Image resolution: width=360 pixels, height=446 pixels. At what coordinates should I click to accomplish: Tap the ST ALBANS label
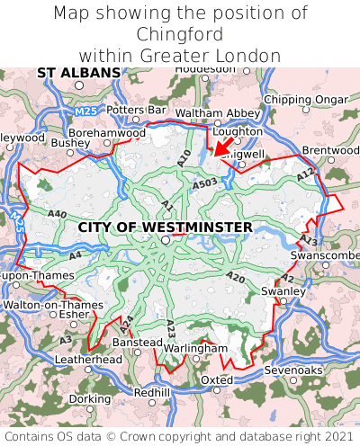click(78, 72)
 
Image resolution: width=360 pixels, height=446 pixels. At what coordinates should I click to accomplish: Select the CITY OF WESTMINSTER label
click(166, 227)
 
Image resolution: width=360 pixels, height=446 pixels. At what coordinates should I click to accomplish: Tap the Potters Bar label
click(137, 110)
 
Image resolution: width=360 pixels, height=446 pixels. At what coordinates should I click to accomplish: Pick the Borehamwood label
click(107, 132)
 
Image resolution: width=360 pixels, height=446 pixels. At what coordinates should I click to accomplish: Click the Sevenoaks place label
click(292, 370)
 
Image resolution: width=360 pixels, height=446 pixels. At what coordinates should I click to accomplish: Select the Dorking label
click(90, 398)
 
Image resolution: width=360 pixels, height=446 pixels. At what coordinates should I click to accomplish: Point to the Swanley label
click(283, 291)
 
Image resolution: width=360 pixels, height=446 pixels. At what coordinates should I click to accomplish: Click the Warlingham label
click(194, 348)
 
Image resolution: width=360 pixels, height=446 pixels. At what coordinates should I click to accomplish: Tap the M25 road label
click(85, 111)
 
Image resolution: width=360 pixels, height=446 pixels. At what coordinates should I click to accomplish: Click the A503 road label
click(203, 182)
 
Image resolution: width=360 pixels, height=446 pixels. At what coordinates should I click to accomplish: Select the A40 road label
click(58, 214)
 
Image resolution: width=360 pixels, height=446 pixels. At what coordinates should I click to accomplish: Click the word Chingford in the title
click(180, 34)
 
